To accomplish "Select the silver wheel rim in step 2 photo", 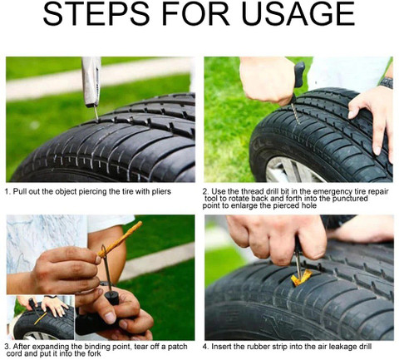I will (287, 170).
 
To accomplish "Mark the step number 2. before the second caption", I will (206, 190).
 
